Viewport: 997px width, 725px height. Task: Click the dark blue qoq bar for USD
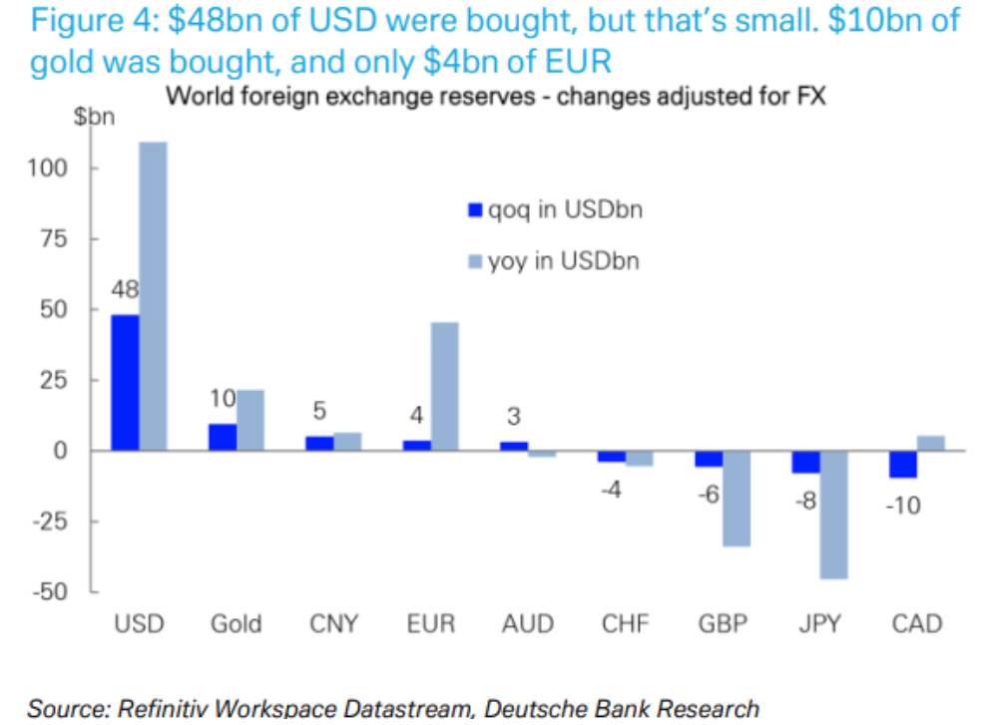click(x=125, y=383)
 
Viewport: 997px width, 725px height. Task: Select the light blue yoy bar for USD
click(x=153, y=296)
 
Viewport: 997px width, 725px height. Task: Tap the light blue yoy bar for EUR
click(x=444, y=386)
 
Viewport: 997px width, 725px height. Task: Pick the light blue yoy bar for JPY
click(x=833, y=515)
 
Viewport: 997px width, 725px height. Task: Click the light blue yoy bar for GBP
click(x=737, y=499)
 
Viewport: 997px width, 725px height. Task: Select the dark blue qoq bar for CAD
click(x=903, y=465)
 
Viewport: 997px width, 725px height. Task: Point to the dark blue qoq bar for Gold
click(x=222, y=438)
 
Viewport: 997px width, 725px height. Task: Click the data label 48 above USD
click(x=125, y=290)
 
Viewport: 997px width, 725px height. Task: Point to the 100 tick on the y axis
click(x=48, y=168)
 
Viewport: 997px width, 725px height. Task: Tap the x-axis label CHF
click(x=626, y=624)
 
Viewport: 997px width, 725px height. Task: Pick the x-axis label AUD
click(x=528, y=624)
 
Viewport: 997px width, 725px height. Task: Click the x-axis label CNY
click(x=333, y=624)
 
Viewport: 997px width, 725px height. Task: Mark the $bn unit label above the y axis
click(x=94, y=117)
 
